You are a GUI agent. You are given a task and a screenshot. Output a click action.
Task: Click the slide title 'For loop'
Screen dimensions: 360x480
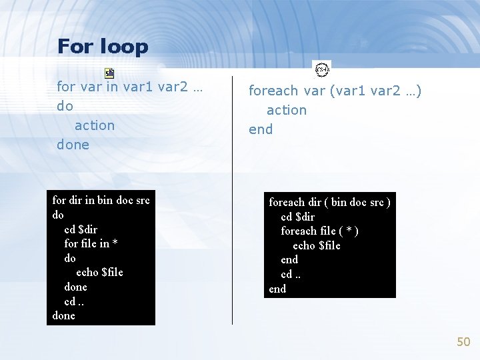(103, 47)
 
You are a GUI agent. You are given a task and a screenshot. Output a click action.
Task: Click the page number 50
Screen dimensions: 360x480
(463, 341)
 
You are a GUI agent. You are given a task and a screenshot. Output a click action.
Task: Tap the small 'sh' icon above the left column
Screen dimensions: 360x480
(109, 73)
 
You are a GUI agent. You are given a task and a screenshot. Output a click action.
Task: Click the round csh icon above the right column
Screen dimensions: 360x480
(322, 69)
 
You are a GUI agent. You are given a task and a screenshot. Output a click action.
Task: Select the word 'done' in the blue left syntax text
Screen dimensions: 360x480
(73, 145)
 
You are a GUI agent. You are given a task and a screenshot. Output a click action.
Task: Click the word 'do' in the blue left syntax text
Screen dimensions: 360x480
(65, 106)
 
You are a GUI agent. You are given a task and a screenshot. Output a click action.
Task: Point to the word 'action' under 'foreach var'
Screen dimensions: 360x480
(287, 110)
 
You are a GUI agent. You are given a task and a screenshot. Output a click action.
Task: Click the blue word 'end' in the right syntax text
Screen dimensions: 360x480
(261, 129)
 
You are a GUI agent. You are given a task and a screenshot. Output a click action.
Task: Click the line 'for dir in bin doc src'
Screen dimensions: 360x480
(101, 200)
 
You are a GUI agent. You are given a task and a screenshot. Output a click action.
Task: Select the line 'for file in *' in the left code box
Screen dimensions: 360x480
(91, 243)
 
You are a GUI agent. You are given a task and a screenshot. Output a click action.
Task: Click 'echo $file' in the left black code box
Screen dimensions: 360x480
(99, 272)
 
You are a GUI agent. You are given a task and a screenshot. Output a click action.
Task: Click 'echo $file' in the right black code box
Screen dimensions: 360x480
(317, 245)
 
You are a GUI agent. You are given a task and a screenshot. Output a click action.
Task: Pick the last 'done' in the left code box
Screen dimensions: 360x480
(63, 315)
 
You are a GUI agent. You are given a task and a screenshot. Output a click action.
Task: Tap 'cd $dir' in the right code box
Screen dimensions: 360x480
(297, 217)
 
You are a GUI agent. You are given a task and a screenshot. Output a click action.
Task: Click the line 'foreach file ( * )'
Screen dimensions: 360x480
(319, 231)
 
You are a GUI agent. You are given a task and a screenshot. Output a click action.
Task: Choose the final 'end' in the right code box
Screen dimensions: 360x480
(277, 289)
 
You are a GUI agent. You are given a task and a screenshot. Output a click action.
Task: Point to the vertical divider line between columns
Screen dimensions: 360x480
(232, 200)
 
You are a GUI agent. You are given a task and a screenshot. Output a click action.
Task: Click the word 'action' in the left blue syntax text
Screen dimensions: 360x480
(95, 125)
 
